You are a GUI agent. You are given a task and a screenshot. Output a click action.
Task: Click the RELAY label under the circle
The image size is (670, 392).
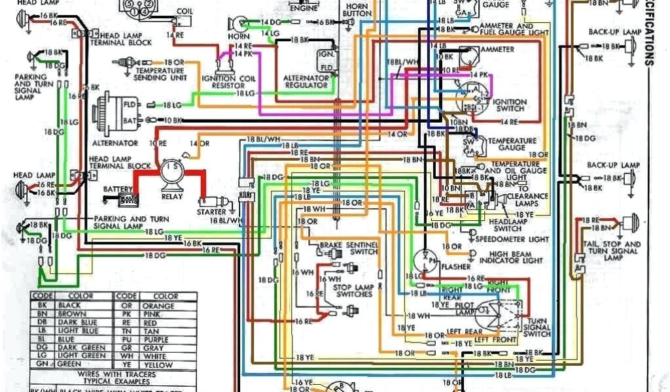pyautogui.click(x=173, y=195)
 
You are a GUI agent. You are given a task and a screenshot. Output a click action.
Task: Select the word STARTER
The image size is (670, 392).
pyautogui.click(x=211, y=212)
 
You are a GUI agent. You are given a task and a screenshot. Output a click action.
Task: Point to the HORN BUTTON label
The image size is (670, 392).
pyautogui.click(x=357, y=9)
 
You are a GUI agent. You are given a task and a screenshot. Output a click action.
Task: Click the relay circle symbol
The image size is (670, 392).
pyautogui.click(x=173, y=171)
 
